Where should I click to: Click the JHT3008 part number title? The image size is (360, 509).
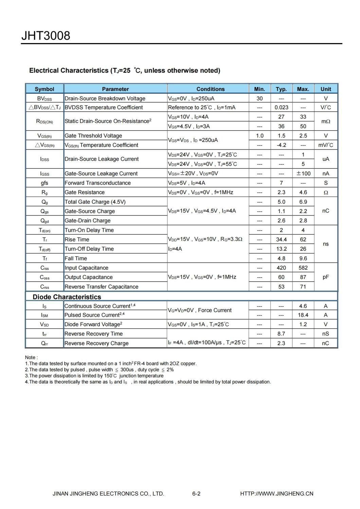tap(46, 36)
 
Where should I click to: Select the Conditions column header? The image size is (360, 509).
tap(210, 89)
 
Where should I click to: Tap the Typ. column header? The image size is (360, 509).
tap(281, 89)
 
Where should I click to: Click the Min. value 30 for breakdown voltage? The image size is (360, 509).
tap(259, 99)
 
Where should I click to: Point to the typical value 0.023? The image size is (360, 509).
tap(281, 107)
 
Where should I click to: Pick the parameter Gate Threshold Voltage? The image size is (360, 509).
tap(93, 136)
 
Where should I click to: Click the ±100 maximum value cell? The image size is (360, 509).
tap(303, 173)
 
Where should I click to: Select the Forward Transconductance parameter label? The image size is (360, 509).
tap(98, 183)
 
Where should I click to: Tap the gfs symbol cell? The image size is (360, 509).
tap(44, 183)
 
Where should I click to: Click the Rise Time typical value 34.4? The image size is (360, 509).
tap(281, 240)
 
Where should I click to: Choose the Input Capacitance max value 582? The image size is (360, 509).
tap(303, 268)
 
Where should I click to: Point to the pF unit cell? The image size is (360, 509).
tap(326, 277)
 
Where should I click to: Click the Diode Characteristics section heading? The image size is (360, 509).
tap(67, 297)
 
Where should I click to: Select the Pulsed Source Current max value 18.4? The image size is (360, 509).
tap(303, 315)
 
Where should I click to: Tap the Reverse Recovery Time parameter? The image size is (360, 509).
tap(94, 334)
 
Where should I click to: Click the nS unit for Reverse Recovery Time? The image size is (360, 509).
tap(326, 334)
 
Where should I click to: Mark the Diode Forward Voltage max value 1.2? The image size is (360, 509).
tap(303, 324)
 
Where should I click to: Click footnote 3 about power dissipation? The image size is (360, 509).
tap(94, 376)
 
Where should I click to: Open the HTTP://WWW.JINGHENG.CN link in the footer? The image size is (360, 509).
tap(276, 493)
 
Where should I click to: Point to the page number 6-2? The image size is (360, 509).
tap(196, 493)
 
